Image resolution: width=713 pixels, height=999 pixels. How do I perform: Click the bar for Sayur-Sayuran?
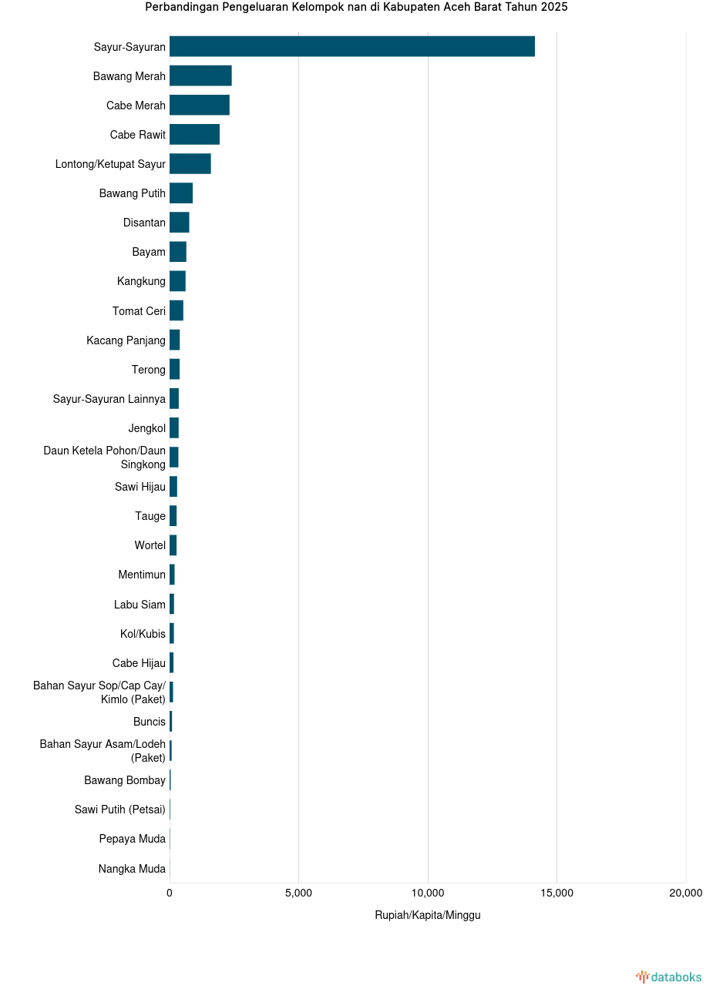pos(351,46)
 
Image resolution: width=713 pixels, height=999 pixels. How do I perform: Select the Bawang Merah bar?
pos(200,75)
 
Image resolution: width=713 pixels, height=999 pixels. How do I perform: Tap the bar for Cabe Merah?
pos(199,105)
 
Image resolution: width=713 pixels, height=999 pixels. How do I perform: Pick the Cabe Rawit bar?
pos(194,134)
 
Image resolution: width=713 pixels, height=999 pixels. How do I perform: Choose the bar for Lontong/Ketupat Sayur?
pos(190,163)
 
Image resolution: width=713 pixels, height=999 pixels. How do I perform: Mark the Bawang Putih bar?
pos(181,193)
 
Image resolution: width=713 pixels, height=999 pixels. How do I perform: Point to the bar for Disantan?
pos(179,223)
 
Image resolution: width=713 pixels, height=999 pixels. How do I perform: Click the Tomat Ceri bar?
pos(177,310)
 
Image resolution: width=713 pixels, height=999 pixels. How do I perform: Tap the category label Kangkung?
pos(141,281)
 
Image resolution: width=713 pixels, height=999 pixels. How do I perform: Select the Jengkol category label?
pos(146,428)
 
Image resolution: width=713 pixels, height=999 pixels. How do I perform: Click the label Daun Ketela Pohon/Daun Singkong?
pos(105,458)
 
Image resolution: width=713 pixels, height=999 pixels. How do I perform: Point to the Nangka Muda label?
pos(132,869)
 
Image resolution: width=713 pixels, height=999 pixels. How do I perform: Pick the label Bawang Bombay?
pos(125,780)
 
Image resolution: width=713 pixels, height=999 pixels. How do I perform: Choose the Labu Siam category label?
pos(140,605)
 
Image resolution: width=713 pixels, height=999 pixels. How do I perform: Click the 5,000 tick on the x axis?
pos(298,893)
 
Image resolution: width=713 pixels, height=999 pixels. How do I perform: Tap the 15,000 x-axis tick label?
pos(557,893)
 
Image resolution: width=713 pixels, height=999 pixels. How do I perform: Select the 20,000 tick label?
pos(685,893)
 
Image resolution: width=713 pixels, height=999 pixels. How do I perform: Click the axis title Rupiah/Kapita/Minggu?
pos(428,915)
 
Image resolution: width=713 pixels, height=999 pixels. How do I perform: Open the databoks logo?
pos(668,977)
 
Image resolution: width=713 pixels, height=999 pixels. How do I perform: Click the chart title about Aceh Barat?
pos(356,7)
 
